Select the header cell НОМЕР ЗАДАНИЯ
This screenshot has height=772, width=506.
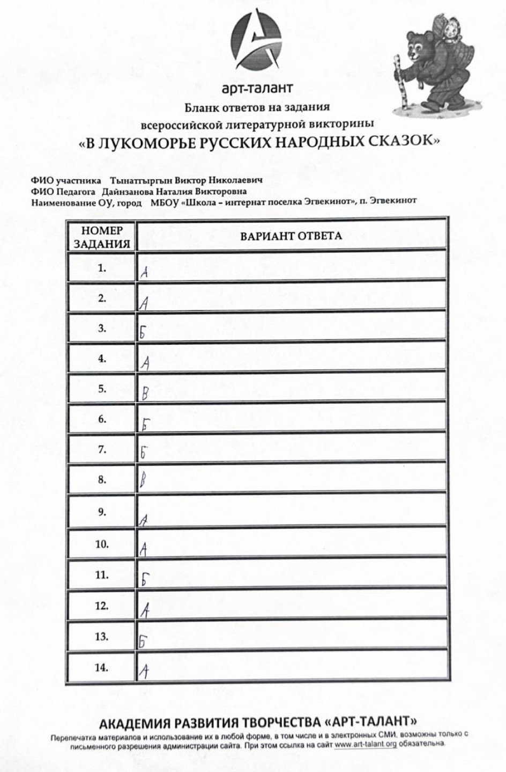click(102, 237)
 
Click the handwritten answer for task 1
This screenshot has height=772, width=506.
click(144, 272)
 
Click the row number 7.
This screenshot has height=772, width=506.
click(102, 449)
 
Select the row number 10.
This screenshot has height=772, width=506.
click(102, 544)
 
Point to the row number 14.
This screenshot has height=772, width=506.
click(102, 667)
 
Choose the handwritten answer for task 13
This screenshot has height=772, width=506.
click(143, 640)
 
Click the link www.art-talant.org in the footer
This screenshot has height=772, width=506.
click(366, 745)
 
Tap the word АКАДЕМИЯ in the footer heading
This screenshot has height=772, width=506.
click(134, 720)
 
